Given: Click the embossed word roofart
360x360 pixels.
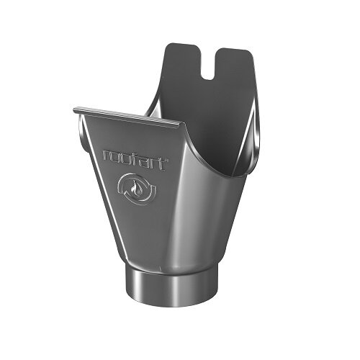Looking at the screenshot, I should [135, 158].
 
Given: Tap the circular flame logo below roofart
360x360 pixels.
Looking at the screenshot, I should [135, 188].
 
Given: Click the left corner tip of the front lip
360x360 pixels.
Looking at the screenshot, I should [75, 109].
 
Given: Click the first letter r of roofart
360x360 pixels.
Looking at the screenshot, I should [107, 153].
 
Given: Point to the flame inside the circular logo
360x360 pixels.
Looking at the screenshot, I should [135, 189].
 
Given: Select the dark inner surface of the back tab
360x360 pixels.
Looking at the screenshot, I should [209, 108].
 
